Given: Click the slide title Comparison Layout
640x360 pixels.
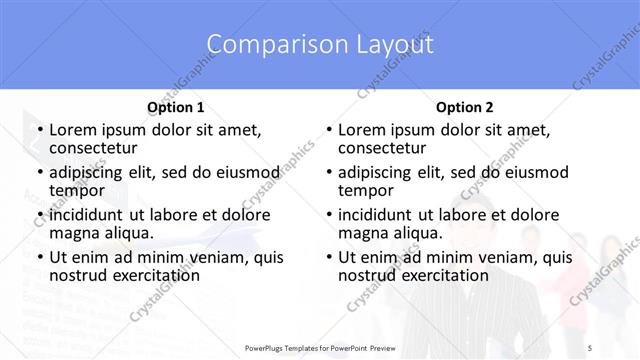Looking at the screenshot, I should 320,45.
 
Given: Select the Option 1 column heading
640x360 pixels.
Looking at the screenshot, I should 175,107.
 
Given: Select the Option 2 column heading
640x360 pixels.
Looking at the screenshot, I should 464,107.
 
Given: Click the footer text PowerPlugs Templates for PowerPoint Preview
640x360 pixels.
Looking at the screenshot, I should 320,347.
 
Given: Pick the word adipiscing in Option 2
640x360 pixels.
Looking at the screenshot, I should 379,172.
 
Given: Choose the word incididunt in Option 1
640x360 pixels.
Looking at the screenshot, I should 89,215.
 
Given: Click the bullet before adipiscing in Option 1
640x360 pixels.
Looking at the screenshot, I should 39,173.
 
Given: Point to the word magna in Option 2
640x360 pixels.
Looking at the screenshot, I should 361,233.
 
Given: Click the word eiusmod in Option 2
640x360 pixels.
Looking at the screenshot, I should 533,172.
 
